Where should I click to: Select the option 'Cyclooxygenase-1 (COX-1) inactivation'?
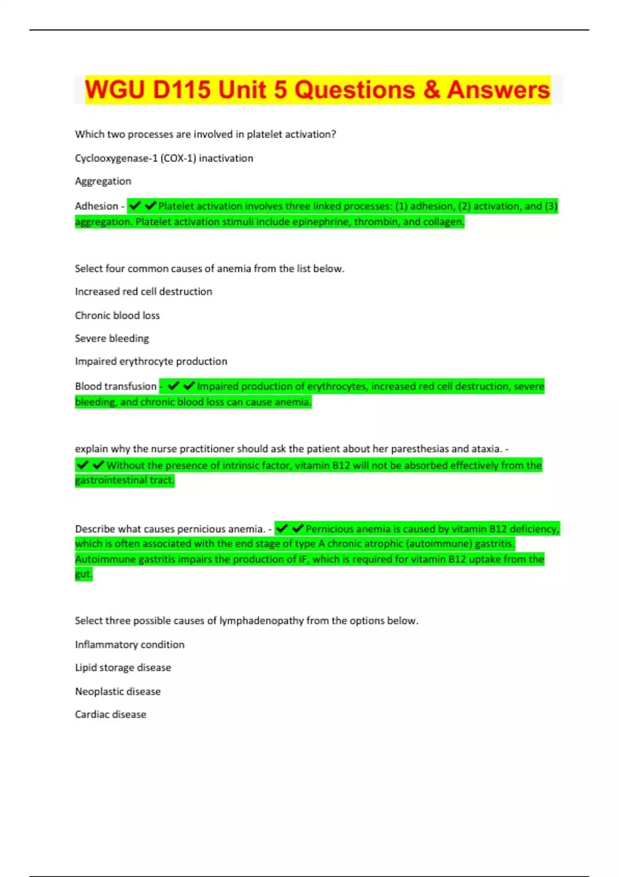click(164, 158)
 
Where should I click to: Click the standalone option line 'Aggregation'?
click(103, 181)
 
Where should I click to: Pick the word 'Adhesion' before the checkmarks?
click(96, 206)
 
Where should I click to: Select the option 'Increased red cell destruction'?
click(143, 291)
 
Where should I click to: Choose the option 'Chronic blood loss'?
click(117, 315)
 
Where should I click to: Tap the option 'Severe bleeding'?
click(112, 338)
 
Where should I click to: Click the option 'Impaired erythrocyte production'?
click(151, 361)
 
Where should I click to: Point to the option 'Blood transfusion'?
click(116, 386)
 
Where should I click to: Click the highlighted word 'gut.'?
click(84, 574)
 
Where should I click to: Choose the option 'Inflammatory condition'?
click(129, 644)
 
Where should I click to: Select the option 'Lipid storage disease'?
click(123, 668)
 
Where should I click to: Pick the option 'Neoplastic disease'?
click(118, 691)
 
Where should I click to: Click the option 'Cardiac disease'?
click(110, 714)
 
